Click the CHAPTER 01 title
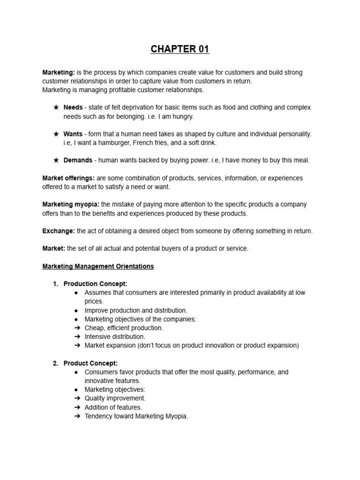pyautogui.click(x=180, y=49)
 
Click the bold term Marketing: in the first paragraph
pyautogui.click(x=59, y=73)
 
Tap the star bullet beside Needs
pyautogui.click(x=56, y=108)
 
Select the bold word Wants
pyautogui.click(x=73, y=134)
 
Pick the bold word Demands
pyautogui.click(x=78, y=160)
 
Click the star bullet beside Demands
pyautogui.click(x=56, y=160)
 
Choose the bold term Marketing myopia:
pyautogui.click(x=71, y=204)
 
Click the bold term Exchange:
pyautogui.click(x=59, y=231)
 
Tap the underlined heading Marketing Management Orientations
pyautogui.click(x=98, y=266)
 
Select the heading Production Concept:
pyautogui.click(x=96, y=284)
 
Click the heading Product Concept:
pyautogui.click(x=90, y=363)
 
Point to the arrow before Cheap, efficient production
pyautogui.click(x=77, y=328)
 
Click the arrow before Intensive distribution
pyautogui.click(x=77, y=337)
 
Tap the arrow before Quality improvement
pyautogui.click(x=77, y=398)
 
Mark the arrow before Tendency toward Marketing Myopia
pyautogui.click(x=77, y=416)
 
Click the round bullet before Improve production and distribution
pyautogui.click(x=76, y=310)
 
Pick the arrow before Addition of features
pyautogui.click(x=77, y=407)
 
